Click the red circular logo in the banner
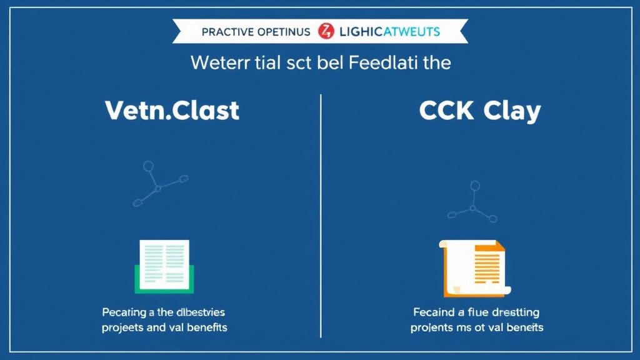(326, 31)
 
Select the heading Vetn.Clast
(172, 111)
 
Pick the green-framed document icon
(164, 266)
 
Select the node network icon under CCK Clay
(473, 201)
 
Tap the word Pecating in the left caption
(122, 311)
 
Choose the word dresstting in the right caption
(512, 312)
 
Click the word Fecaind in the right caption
(433, 312)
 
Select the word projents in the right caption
(431, 327)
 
